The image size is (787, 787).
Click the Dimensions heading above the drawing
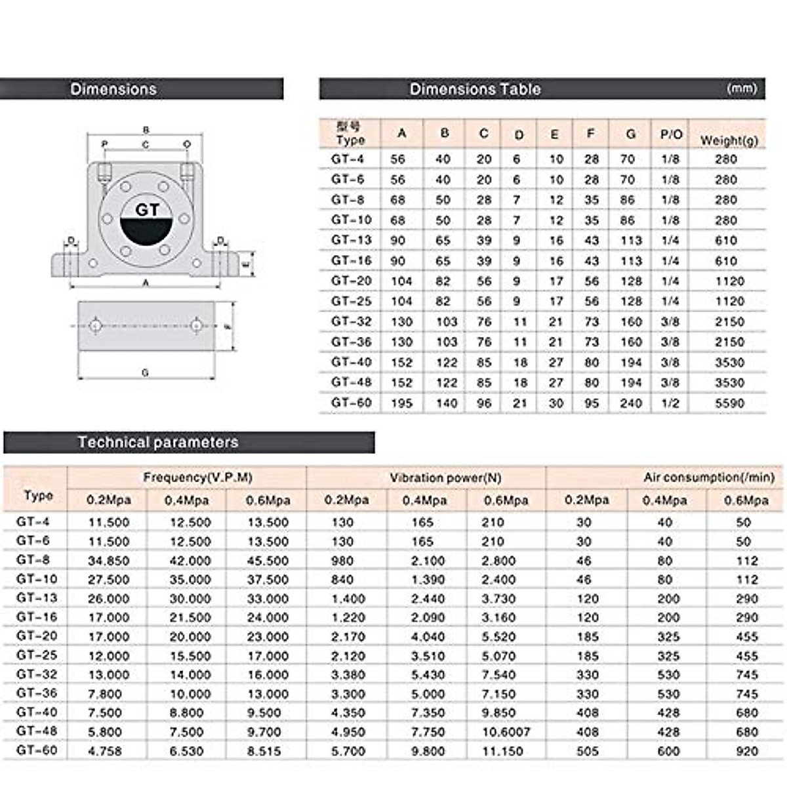pyautogui.click(x=113, y=89)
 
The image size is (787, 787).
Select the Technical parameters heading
pyautogui.click(x=158, y=443)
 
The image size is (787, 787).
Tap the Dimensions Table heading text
pyautogui.click(x=475, y=89)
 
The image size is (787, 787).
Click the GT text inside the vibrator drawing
pyautogui.click(x=147, y=210)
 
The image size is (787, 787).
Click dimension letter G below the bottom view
pyautogui.click(x=145, y=373)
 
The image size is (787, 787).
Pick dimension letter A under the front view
pyautogui.click(x=146, y=283)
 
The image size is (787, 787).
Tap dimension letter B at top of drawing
pyautogui.click(x=146, y=130)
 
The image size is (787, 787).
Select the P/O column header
pyautogui.click(x=671, y=134)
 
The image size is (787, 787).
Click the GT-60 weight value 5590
pyautogui.click(x=729, y=403)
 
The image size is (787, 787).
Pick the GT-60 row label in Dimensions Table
pyautogui.click(x=352, y=402)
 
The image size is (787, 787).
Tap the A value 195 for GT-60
pyautogui.click(x=401, y=403)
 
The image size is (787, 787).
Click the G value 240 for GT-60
pyautogui.click(x=631, y=403)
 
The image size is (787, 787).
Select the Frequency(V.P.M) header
pyautogui.click(x=197, y=477)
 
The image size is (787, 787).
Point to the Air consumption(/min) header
pyautogui.click(x=709, y=477)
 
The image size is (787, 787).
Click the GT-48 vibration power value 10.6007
pyautogui.click(x=506, y=732)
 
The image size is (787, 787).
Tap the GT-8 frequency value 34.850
pyautogui.click(x=109, y=561)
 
